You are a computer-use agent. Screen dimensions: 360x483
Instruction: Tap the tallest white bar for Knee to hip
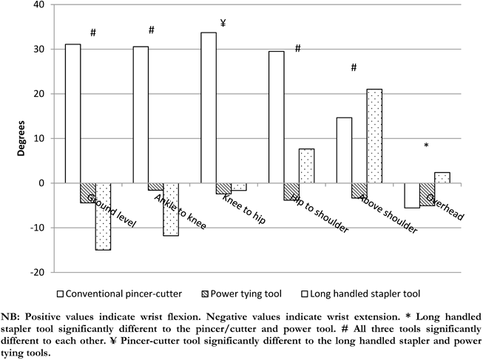coord(209,107)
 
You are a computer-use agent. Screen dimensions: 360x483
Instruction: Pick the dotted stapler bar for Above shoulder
coord(374,136)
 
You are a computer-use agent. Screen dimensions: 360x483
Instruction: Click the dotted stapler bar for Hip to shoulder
coord(306,166)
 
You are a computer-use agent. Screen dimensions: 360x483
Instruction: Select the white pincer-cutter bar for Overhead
coord(412,195)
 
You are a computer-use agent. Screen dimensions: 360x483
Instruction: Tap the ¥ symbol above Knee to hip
coord(223,23)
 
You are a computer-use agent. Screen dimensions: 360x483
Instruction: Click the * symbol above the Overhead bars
coord(426,146)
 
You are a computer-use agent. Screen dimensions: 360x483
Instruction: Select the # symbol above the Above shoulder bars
coord(354,67)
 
